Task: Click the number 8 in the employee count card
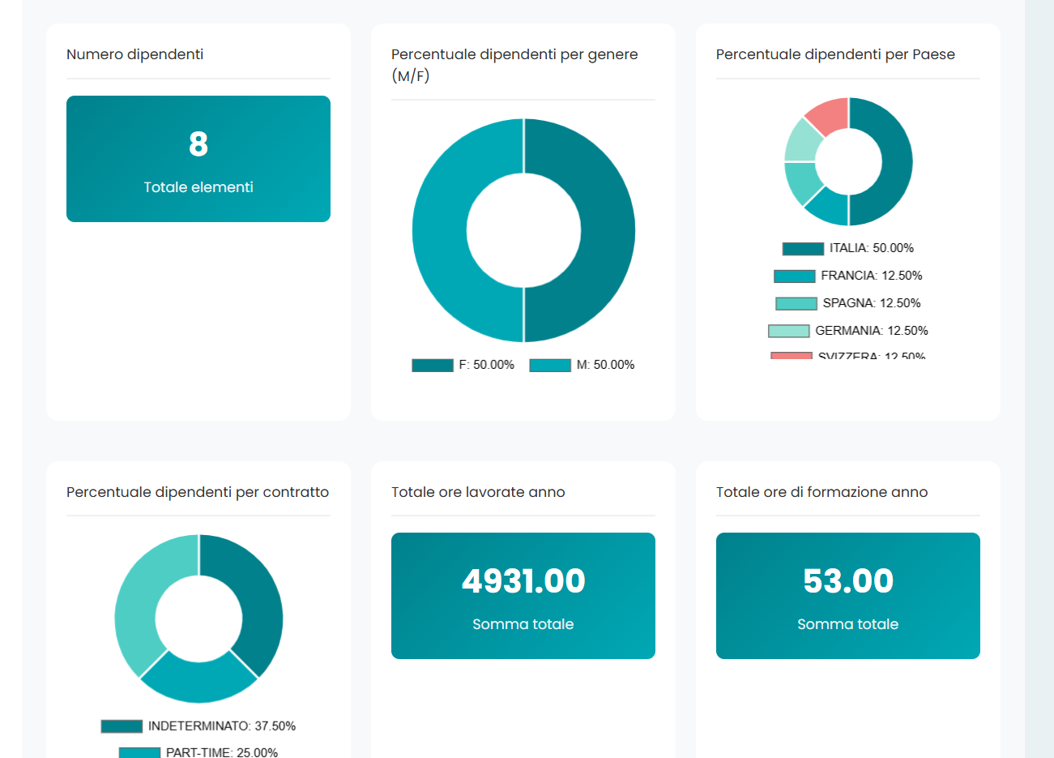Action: (198, 144)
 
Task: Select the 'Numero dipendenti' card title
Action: (134, 54)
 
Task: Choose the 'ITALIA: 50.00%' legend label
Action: (871, 248)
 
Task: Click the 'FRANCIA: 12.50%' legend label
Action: (871, 276)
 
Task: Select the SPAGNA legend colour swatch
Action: (796, 303)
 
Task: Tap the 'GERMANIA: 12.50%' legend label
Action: (871, 331)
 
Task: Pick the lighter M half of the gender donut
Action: (440, 230)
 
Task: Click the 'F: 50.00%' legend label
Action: (486, 365)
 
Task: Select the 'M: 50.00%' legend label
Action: (605, 365)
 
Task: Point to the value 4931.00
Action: (523, 581)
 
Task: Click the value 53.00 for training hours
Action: (848, 581)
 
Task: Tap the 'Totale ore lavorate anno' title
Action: (478, 492)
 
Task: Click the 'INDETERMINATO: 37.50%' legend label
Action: (221, 726)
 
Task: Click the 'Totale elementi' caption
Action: (198, 187)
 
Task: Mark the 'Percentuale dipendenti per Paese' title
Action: (835, 54)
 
